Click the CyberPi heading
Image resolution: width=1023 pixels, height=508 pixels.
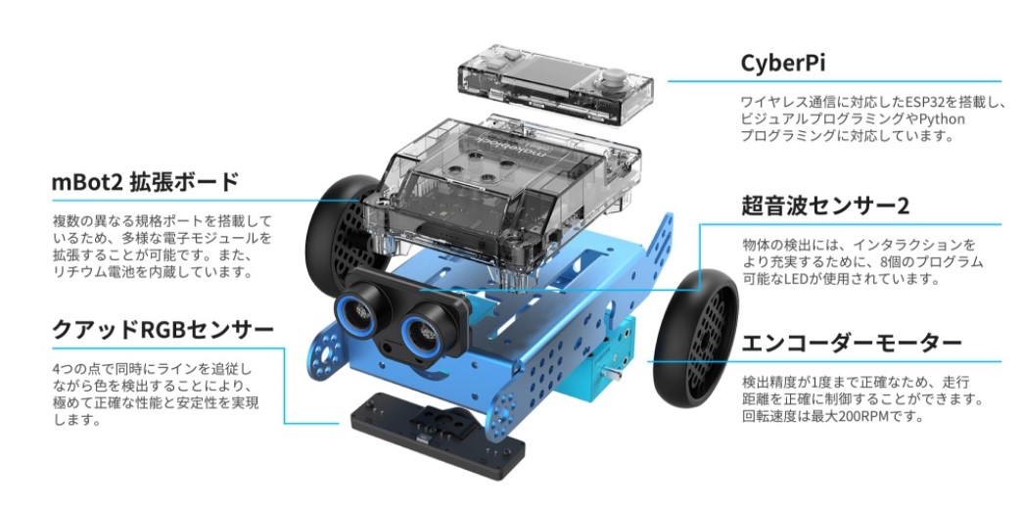coord(783,63)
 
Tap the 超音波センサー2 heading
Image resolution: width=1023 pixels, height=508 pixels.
coord(825,206)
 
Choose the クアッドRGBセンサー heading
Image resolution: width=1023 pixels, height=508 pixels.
coord(163,330)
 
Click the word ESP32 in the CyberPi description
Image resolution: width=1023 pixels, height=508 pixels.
coord(914,101)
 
